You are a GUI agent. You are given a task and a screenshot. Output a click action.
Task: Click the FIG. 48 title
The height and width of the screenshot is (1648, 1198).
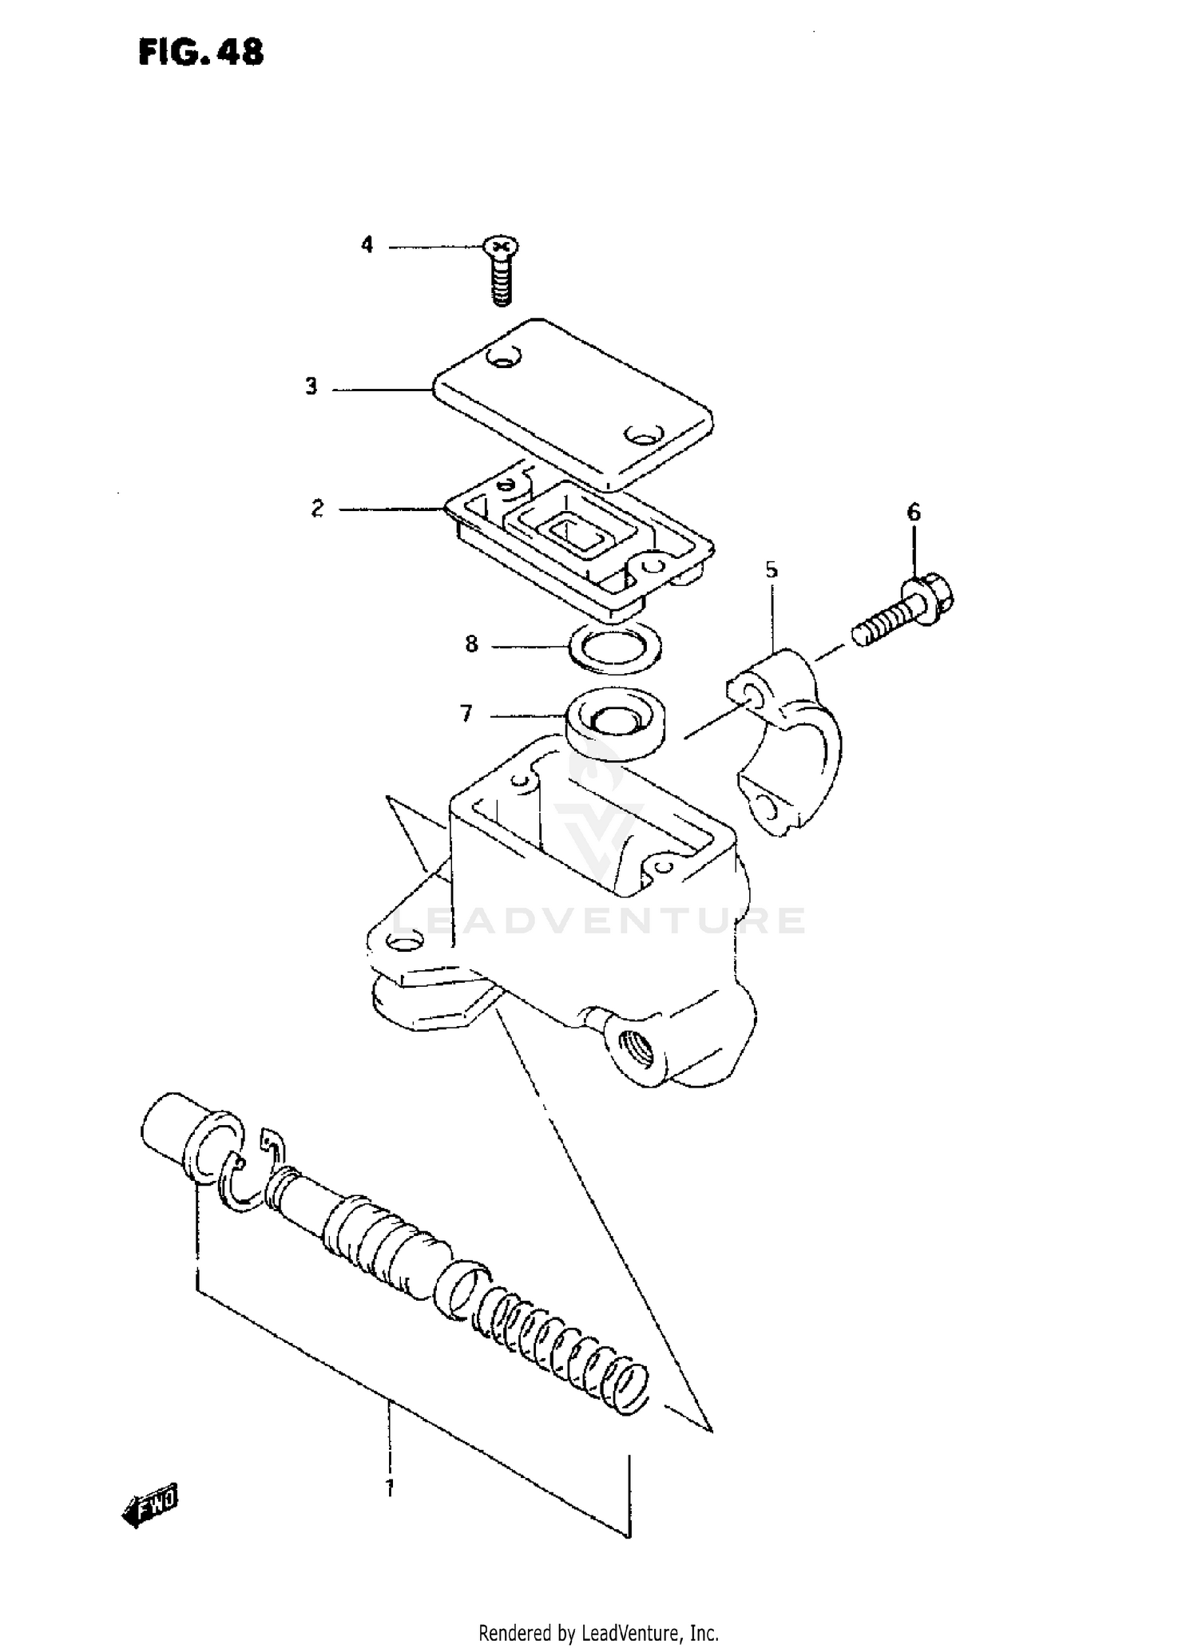[200, 53]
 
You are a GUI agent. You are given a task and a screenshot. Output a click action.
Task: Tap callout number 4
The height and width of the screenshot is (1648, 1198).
[367, 245]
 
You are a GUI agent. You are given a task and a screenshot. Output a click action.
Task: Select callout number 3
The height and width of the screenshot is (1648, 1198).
[311, 387]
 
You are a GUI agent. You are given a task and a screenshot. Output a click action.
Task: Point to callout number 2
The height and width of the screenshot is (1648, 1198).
[318, 508]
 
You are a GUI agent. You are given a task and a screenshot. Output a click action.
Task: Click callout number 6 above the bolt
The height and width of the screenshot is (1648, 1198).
[914, 512]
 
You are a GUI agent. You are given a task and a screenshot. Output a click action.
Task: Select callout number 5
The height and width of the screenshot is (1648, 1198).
[771, 570]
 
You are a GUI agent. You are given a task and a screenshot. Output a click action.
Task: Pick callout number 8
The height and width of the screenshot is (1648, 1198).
[471, 644]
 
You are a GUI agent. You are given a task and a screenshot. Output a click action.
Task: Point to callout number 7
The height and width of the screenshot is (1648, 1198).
[466, 713]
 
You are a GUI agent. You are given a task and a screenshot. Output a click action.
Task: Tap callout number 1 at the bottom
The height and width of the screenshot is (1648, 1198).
[390, 1488]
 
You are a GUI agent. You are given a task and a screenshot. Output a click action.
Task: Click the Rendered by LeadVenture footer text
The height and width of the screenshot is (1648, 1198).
[598, 1632]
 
